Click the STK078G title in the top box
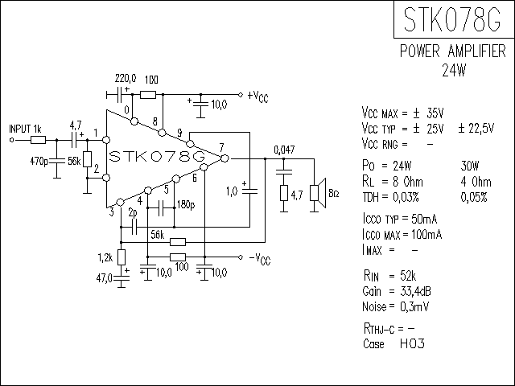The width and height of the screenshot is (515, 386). pos(452,19)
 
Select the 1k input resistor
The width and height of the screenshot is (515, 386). pos(38,140)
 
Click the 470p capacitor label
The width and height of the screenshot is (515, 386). pos(39,161)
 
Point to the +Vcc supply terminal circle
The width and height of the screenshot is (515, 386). pos(241,95)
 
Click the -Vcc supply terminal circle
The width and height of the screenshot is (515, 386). pos(241,257)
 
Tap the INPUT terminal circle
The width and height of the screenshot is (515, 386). pos(12,140)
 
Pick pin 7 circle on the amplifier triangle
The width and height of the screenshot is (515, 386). pos(225,158)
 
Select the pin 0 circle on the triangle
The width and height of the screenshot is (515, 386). pos(134,121)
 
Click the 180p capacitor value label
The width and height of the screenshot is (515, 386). pos(186,204)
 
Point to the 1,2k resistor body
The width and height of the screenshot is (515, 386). pos(122,257)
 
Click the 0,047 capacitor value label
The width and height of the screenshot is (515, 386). pos(284,150)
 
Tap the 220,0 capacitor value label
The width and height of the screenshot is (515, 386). pos(126,79)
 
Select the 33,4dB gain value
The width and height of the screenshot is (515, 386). pos(415,291)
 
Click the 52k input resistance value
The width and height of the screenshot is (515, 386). pos(408,276)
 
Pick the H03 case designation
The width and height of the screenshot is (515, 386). pos(412,343)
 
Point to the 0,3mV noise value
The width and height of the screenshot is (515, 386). pos(414,306)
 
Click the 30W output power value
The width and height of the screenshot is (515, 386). pos(470,166)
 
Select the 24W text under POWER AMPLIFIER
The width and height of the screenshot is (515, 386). pos(454,70)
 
